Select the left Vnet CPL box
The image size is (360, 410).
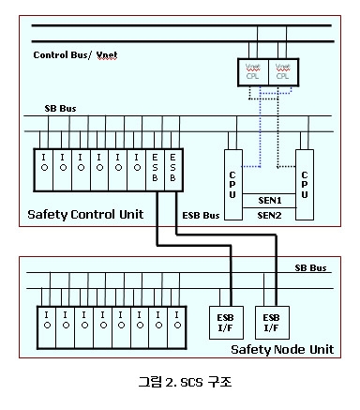coord(256,71)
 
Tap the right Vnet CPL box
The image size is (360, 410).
coord(283,71)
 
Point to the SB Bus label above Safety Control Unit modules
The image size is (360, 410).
coord(62,109)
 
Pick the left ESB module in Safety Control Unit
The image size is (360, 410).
coord(157,167)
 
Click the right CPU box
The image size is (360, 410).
coord(304,176)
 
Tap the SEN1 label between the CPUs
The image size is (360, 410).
coord(269,199)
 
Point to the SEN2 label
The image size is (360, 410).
coord(269,215)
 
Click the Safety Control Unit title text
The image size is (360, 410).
coord(85,214)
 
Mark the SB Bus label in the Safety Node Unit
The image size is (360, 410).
coord(308,266)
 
